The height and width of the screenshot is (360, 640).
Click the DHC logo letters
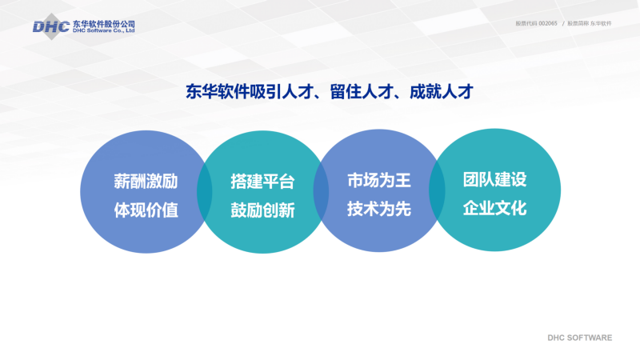tap(51, 27)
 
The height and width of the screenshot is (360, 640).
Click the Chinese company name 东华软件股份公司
tap(104, 24)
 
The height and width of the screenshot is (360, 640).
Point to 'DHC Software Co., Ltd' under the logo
tap(104, 30)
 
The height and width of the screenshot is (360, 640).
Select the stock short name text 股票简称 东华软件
tap(590, 24)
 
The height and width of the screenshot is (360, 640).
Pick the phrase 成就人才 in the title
tap(442, 92)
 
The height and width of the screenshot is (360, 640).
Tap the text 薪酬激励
tap(146, 182)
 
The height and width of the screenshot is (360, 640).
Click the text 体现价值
tap(146, 210)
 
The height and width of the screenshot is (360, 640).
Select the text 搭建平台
tap(262, 182)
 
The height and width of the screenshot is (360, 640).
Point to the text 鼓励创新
tap(262, 210)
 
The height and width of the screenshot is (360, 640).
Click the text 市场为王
tap(378, 180)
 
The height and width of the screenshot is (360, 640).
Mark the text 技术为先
tap(378, 209)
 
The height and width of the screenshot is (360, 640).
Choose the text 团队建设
tap(494, 179)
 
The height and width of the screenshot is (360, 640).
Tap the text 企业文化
tap(494, 208)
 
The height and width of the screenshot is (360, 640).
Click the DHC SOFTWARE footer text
tap(579, 338)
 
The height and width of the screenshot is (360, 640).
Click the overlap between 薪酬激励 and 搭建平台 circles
tap(205, 192)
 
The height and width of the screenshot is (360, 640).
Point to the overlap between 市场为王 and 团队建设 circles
tap(437, 190)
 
